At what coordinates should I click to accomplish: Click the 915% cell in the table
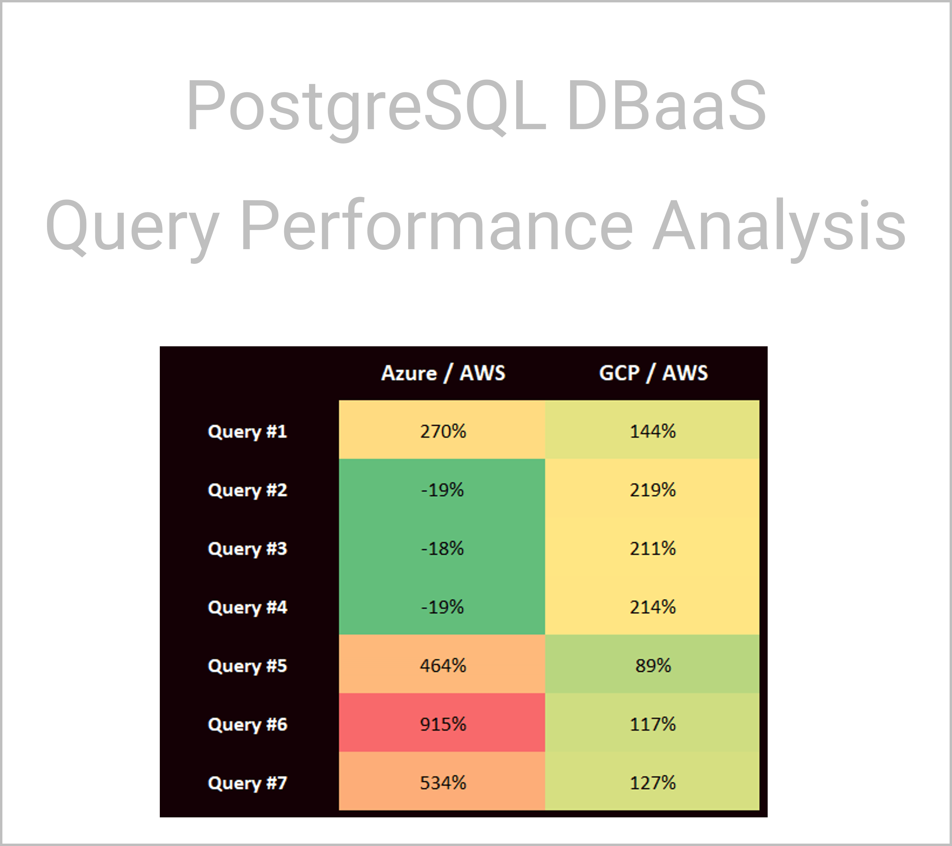coord(443,724)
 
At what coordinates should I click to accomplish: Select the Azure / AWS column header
coord(443,373)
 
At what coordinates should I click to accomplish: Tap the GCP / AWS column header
coord(653,373)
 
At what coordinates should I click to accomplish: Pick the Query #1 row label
coord(247,432)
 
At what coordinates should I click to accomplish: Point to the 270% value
coord(443,432)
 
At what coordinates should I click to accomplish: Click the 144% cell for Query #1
coord(652,432)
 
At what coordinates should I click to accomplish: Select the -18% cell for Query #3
coord(443,548)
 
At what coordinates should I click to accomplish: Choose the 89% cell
coord(652,665)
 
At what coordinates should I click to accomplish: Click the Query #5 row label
coord(247,666)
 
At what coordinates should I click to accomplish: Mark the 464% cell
coord(443,665)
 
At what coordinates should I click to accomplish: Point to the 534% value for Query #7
coord(443,783)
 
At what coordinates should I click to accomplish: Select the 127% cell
coord(652,783)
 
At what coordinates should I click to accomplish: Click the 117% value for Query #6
coord(652,724)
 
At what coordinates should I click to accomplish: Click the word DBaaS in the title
coord(666,105)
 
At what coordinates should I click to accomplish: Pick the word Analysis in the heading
coord(779,226)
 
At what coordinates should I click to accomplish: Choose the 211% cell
coord(652,548)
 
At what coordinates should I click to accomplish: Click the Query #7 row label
coord(247,783)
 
